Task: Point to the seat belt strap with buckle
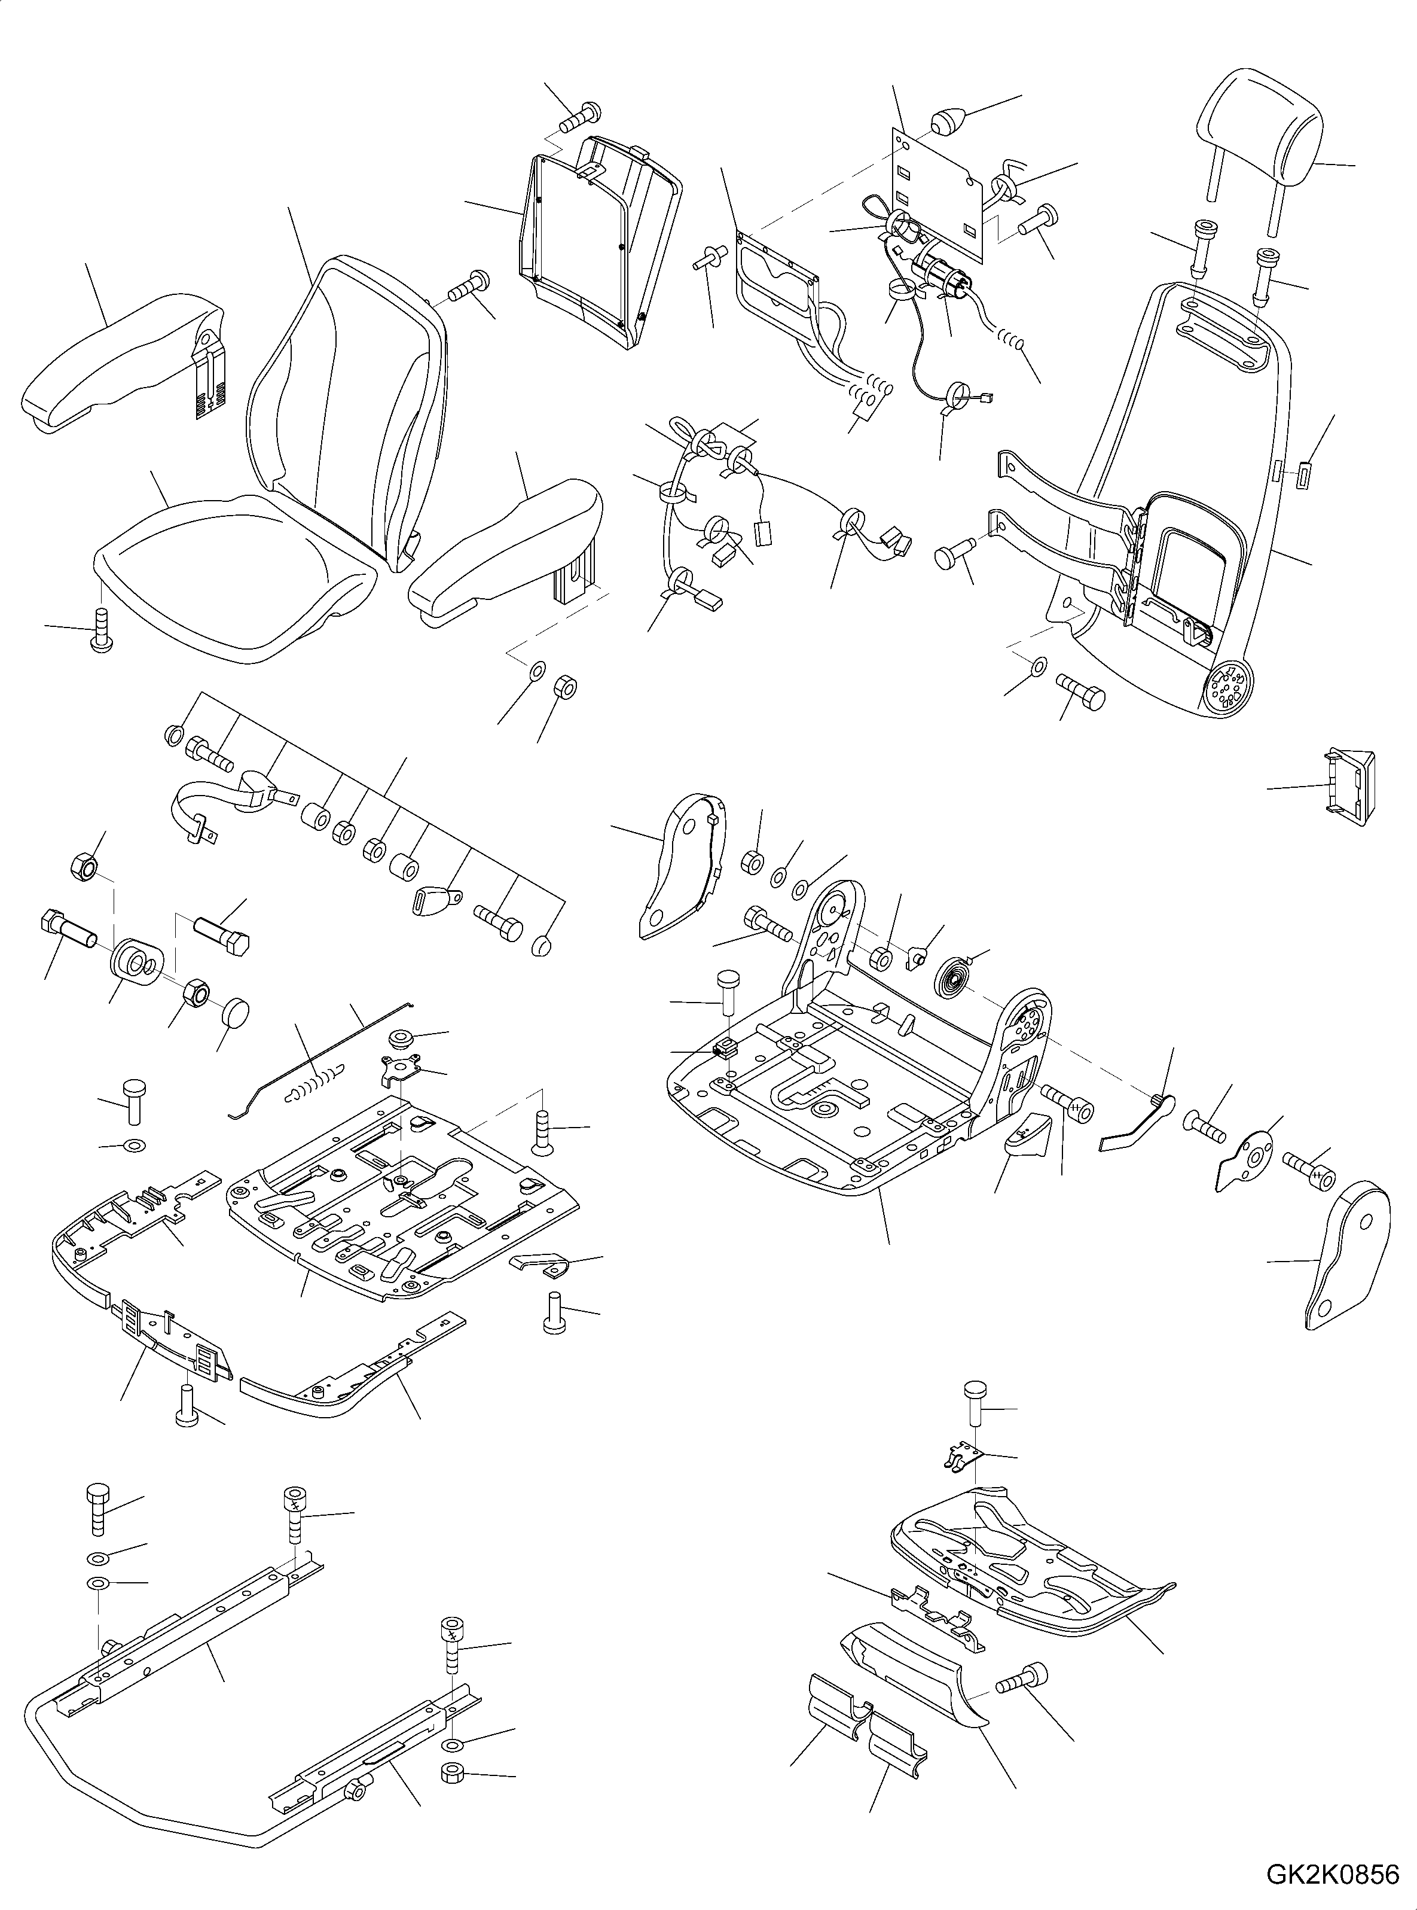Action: (227, 798)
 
